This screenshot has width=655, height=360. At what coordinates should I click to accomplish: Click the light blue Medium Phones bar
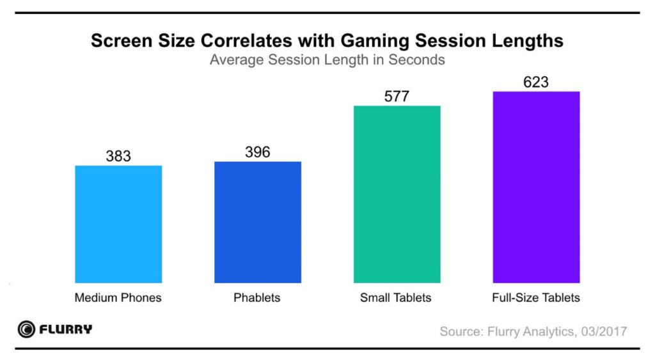tap(118, 224)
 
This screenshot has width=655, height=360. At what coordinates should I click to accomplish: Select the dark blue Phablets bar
tap(258, 222)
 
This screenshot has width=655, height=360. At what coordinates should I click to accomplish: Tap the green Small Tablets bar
tap(397, 194)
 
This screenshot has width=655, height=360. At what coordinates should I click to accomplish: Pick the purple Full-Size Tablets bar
tap(536, 187)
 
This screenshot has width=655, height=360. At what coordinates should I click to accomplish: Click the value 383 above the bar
tap(118, 155)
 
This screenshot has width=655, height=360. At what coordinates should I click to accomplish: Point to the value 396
tap(258, 152)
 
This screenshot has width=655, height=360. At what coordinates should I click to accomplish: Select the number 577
tap(397, 96)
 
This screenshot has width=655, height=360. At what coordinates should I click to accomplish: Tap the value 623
tap(536, 82)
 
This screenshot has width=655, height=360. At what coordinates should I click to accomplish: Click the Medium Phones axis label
tap(118, 297)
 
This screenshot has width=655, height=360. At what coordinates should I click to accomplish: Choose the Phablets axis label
tap(257, 297)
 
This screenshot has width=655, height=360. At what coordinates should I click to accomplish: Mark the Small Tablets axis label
tap(396, 297)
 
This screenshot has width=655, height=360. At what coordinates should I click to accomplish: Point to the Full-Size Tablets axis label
tap(536, 297)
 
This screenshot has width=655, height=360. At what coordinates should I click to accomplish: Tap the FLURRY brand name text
tap(66, 330)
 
